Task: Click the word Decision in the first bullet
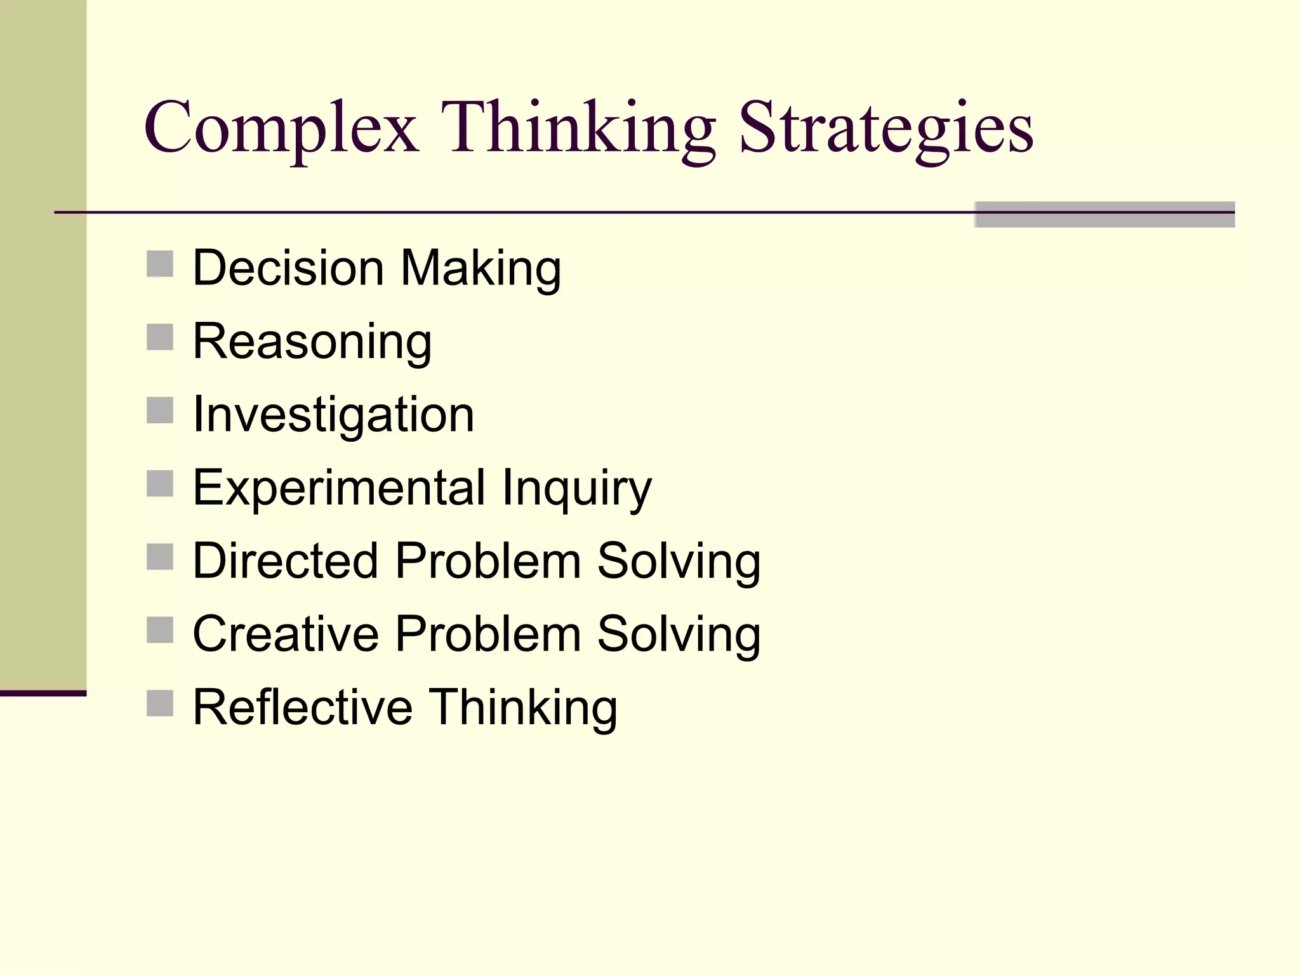[x=288, y=268]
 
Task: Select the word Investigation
[x=333, y=415]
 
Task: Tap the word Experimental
[x=339, y=488]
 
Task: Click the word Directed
[x=286, y=560]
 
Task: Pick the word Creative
[x=286, y=633]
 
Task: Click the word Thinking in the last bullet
[x=523, y=708]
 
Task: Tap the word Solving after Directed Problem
[x=679, y=562]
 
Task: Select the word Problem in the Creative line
[x=488, y=633]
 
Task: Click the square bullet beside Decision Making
[x=160, y=264]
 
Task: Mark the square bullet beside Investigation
[x=160, y=410]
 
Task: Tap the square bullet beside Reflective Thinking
[x=160, y=703]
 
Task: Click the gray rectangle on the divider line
[x=1104, y=215]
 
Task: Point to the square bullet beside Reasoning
[x=160, y=337]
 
